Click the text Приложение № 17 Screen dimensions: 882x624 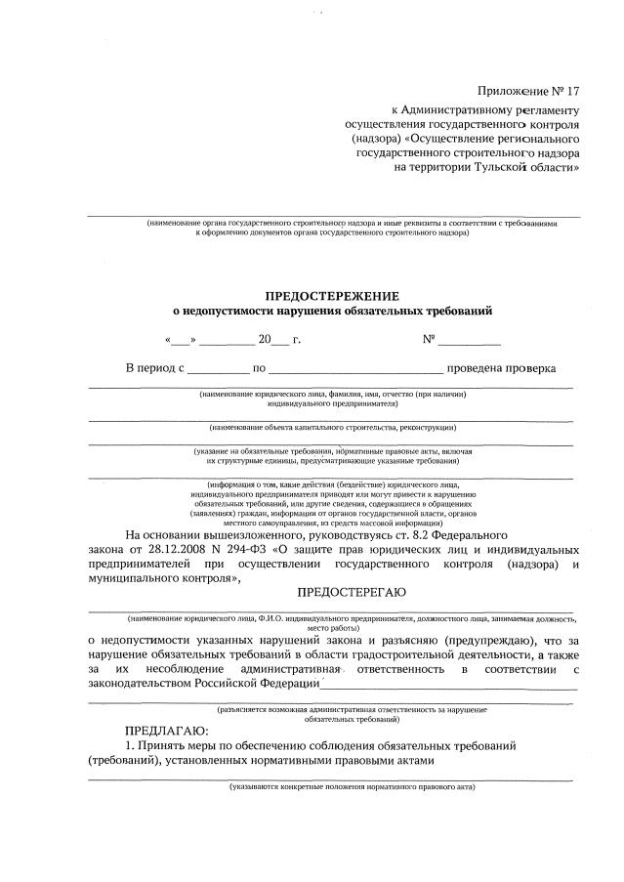(528, 92)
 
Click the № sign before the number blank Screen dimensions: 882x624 (428, 340)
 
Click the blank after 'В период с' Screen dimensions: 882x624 (218, 370)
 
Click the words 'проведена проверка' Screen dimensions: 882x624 (502, 369)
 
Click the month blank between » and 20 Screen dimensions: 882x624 (228, 342)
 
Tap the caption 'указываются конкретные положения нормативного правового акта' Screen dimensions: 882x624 (352, 785)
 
